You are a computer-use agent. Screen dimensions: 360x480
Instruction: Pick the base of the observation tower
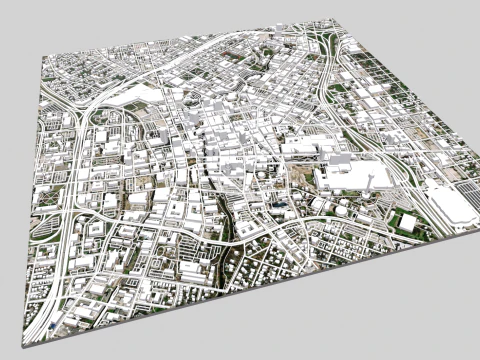coord(368,190)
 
